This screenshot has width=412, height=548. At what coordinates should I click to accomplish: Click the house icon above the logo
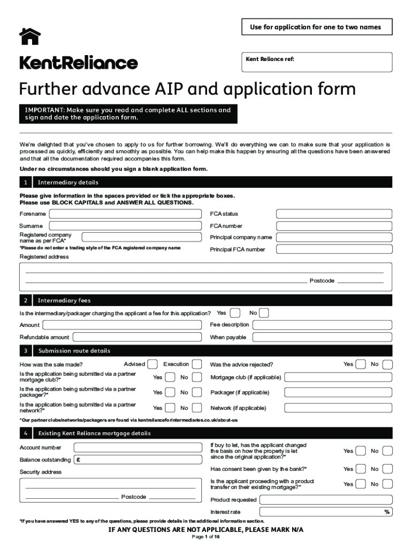[x=30, y=36]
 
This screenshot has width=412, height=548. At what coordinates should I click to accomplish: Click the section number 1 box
[x=26, y=182]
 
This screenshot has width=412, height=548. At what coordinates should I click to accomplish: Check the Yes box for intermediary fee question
[x=235, y=313]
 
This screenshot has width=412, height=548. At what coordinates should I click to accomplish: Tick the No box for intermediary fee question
[x=264, y=313]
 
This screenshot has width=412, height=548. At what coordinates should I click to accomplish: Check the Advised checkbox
[x=152, y=364]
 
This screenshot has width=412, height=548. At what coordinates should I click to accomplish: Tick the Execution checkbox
[x=197, y=364]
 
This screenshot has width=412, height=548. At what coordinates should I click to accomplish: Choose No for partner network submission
[x=197, y=408]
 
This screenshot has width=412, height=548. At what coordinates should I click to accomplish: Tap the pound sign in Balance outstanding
[x=79, y=460]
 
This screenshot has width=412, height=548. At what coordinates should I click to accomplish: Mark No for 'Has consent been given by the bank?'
[x=388, y=469]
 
